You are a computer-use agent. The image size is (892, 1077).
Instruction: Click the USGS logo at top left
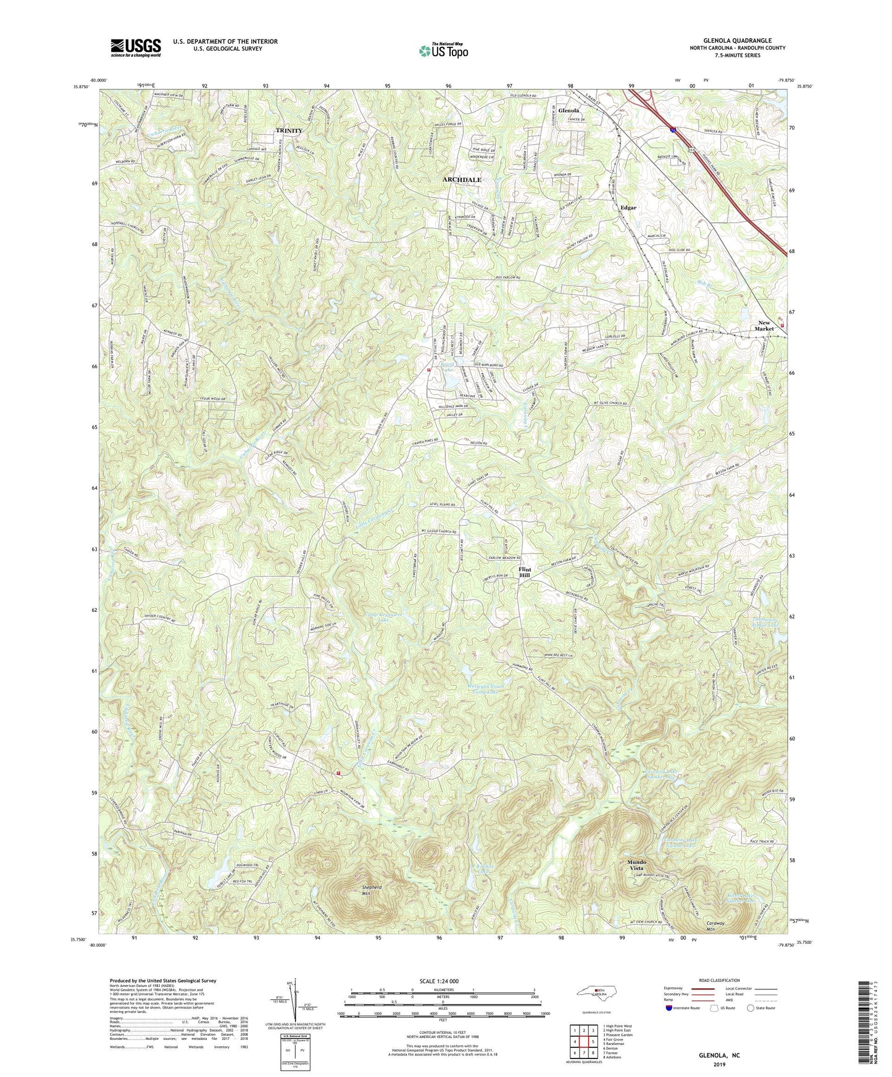click(135, 47)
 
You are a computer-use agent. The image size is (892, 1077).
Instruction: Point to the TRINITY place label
click(289, 131)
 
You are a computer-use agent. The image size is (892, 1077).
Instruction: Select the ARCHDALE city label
click(461, 179)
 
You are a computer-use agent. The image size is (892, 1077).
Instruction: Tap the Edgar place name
click(628, 208)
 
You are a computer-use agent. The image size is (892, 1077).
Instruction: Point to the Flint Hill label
click(524, 571)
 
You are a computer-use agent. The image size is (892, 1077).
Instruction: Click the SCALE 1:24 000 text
click(443, 981)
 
